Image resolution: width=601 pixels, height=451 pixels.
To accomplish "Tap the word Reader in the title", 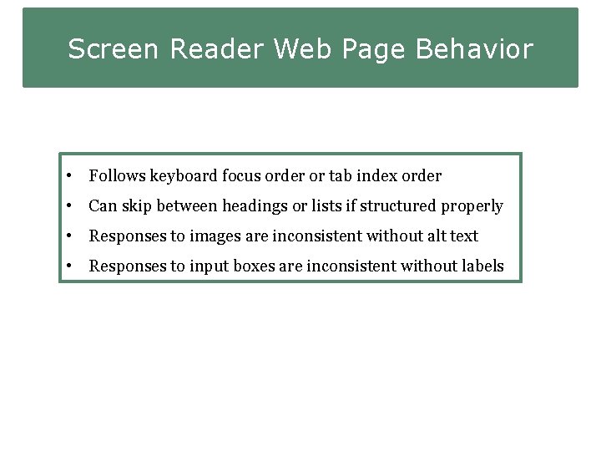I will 218,49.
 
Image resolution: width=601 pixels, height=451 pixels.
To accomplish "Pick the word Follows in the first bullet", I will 117,176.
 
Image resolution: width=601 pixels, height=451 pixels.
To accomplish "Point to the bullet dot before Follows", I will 73,176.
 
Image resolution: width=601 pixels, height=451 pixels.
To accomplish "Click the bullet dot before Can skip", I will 73,206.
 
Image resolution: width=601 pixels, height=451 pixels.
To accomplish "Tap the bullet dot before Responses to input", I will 73,266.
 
